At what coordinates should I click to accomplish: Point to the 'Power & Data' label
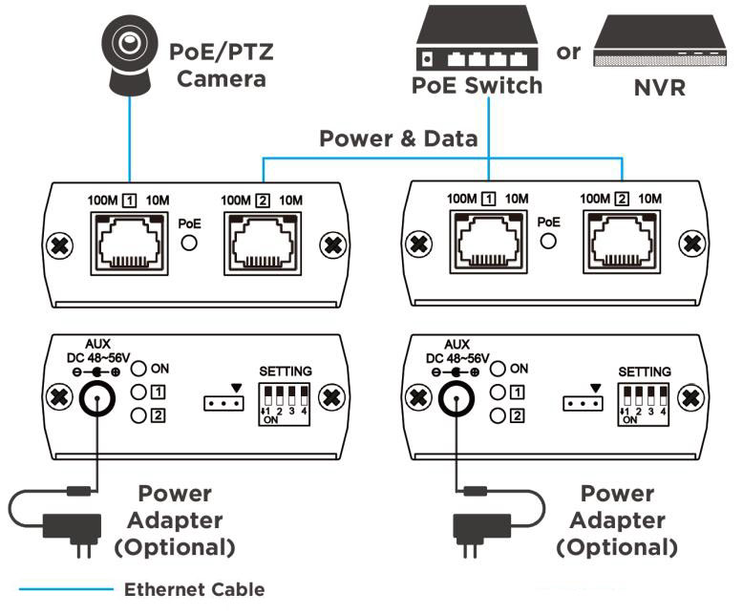coord(398,138)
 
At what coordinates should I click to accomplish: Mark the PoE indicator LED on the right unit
coord(549,242)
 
